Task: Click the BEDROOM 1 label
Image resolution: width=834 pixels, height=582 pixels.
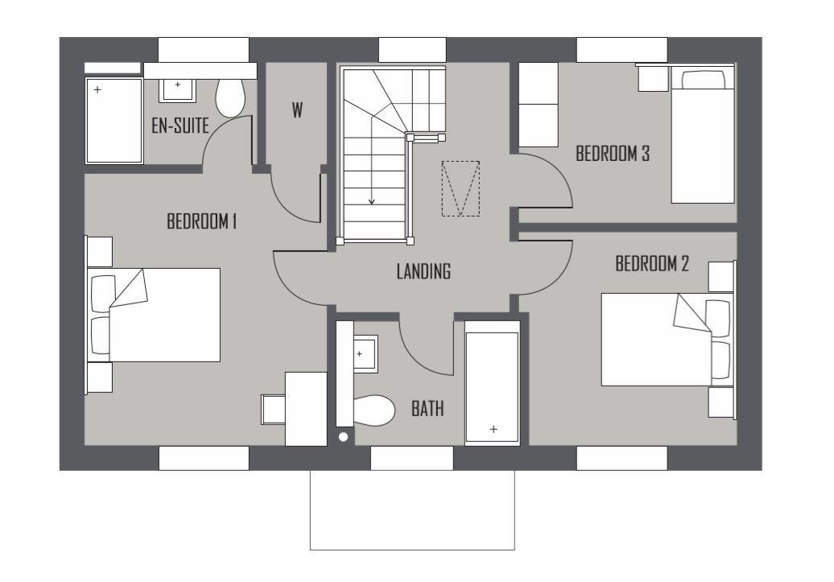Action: point(201,221)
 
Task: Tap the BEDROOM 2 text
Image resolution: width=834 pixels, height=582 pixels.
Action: point(652,263)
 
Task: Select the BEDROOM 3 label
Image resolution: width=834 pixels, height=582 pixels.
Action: point(613,154)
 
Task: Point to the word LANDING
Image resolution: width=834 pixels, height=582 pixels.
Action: point(423,271)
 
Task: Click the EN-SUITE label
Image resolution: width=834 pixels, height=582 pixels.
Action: point(180,126)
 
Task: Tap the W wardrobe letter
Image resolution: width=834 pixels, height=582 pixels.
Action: point(297,110)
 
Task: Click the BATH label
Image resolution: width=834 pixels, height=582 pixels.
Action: point(427,409)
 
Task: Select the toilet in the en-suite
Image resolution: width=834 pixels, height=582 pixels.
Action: point(230,97)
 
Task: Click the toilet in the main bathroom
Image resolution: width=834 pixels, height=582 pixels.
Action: point(374,411)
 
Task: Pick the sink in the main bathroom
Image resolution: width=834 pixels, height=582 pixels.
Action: point(365,353)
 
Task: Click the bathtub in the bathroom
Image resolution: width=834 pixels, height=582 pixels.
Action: point(492,383)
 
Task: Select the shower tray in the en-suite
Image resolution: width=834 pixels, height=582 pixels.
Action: point(114,120)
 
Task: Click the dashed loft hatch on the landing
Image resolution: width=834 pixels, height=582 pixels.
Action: point(460,188)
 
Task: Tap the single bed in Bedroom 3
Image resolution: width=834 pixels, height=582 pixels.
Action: point(703,134)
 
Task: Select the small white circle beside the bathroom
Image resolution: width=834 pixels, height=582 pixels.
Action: point(344,437)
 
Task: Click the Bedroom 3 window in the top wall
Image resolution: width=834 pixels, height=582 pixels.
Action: point(621,49)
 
